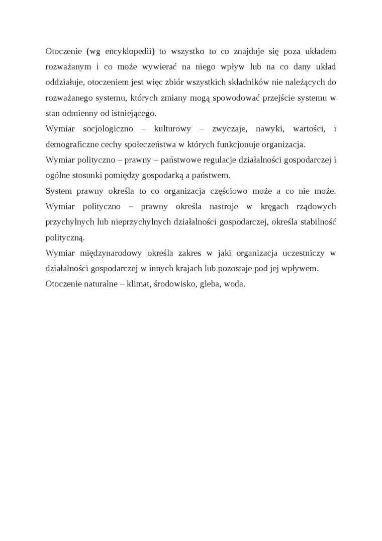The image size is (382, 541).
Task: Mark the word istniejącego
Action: (134, 113)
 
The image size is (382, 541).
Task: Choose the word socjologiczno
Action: (108, 129)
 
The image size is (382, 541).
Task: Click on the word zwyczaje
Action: (229, 129)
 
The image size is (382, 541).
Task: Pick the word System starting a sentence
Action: (58, 191)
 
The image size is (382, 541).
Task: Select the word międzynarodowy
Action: (114, 253)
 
